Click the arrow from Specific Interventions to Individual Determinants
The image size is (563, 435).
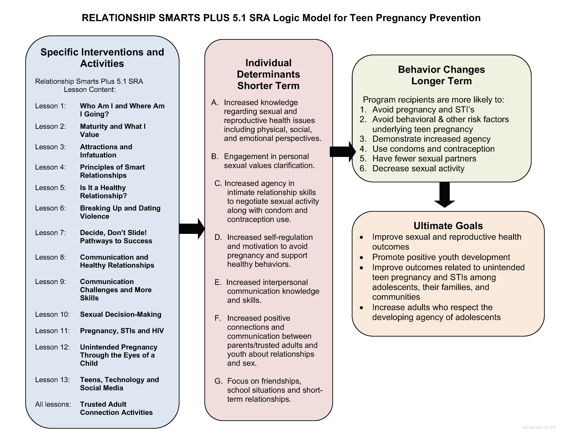pos(192,229)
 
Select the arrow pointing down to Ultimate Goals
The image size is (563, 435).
pos(444,195)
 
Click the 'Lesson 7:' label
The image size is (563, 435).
pos(50,233)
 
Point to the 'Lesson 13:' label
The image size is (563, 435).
pos(52,380)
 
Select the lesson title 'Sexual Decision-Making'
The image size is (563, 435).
pos(121,314)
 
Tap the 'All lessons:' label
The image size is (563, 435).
pos(53,404)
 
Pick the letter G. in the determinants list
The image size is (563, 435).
pos(219,381)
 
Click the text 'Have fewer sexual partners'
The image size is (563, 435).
pos(424,158)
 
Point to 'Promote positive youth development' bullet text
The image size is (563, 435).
pos(441,257)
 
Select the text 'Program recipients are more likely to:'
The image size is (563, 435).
pos(433,100)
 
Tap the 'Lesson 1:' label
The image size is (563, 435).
pos(50,106)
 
